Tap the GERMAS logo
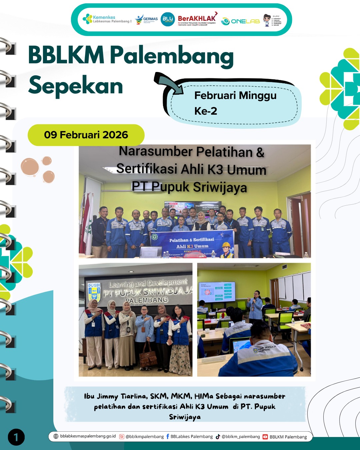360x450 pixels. tap(146, 20)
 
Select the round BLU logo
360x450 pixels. tap(168, 20)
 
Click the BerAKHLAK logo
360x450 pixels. tap(197, 20)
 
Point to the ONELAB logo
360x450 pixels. tap(240, 21)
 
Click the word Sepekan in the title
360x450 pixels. tap(76, 86)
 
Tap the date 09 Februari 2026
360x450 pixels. tap(86, 135)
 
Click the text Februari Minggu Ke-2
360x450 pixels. tap(235, 103)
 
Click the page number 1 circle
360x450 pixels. tap(16, 437)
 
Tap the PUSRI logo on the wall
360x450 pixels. tap(94, 292)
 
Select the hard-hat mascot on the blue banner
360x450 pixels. tap(227, 250)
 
